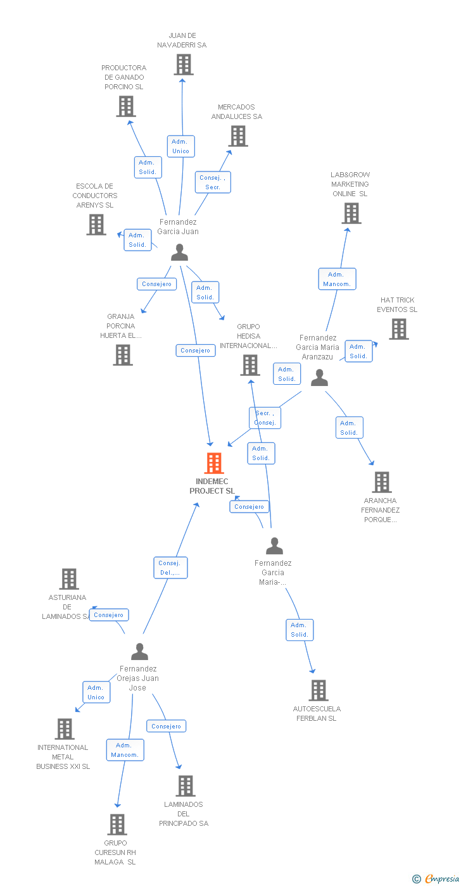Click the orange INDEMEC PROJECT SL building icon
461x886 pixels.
pos(214,463)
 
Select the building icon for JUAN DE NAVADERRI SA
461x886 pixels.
pos(183,65)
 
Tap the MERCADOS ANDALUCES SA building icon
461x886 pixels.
pos(238,135)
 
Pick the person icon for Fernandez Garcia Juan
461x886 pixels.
pos(180,253)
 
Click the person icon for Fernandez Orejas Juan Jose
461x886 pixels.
pos(139,651)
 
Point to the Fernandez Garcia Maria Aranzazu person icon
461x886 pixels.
pos(320,378)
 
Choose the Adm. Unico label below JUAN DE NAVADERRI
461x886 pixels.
pos(180,146)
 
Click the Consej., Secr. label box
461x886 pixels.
pos(213,182)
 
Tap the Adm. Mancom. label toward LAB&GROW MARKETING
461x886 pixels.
pos(336,279)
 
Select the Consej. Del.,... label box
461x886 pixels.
pos(170,568)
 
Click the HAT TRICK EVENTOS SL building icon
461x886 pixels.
pos(398,329)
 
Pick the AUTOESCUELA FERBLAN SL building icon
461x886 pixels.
pos(318,690)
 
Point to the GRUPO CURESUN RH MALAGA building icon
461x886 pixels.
pos(117,825)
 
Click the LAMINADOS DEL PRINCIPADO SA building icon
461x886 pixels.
pos(185,786)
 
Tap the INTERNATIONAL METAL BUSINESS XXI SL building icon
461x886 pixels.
pos(65,729)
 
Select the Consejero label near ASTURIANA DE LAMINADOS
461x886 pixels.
pos(109,615)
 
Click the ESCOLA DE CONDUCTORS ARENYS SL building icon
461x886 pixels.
pos(96,225)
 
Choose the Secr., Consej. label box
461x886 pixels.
pos(265,418)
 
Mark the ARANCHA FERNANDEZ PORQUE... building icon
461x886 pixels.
pos(381,482)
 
